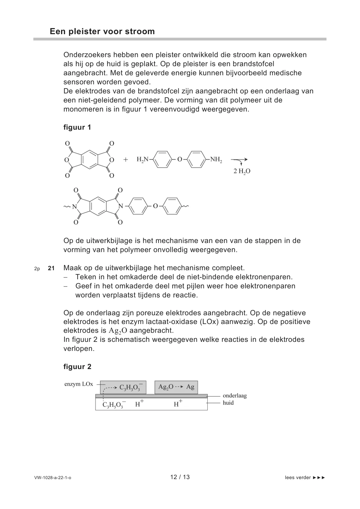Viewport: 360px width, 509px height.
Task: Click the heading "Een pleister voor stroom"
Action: click(x=102, y=31)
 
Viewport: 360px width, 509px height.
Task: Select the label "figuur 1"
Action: click(x=77, y=127)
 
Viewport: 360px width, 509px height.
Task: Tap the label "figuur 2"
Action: click(x=77, y=367)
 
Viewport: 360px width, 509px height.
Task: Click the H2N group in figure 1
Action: click(x=143, y=159)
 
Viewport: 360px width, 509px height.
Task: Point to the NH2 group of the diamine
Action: click(x=216, y=159)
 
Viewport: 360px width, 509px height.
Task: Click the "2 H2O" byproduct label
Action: click(x=242, y=171)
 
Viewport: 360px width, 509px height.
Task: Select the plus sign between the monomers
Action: click(x=126, y=160)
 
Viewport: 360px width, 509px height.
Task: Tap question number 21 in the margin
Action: click(x=51, y=268)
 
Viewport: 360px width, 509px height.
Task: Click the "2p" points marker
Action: click(x=37, y=268)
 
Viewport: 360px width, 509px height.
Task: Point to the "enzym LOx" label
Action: click(x=79, y=384)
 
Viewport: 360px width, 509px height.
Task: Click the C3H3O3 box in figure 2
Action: click(x=123, y=387)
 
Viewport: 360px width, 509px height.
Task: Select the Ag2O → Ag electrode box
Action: click(x=176, y=387)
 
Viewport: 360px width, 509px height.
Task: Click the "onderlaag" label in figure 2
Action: click(x=235, y=396)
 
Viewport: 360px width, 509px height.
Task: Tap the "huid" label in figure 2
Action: click(x=228, y=403)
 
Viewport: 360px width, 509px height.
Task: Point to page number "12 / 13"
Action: click(x=180, y=477)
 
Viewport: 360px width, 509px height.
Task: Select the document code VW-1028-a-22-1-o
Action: click(x=53, y=478)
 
